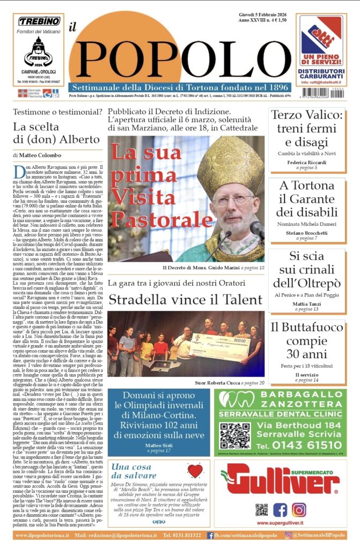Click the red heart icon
195,471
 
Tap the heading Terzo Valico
307,115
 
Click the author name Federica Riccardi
306,161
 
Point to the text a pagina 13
307,309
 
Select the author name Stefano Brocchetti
306,233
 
